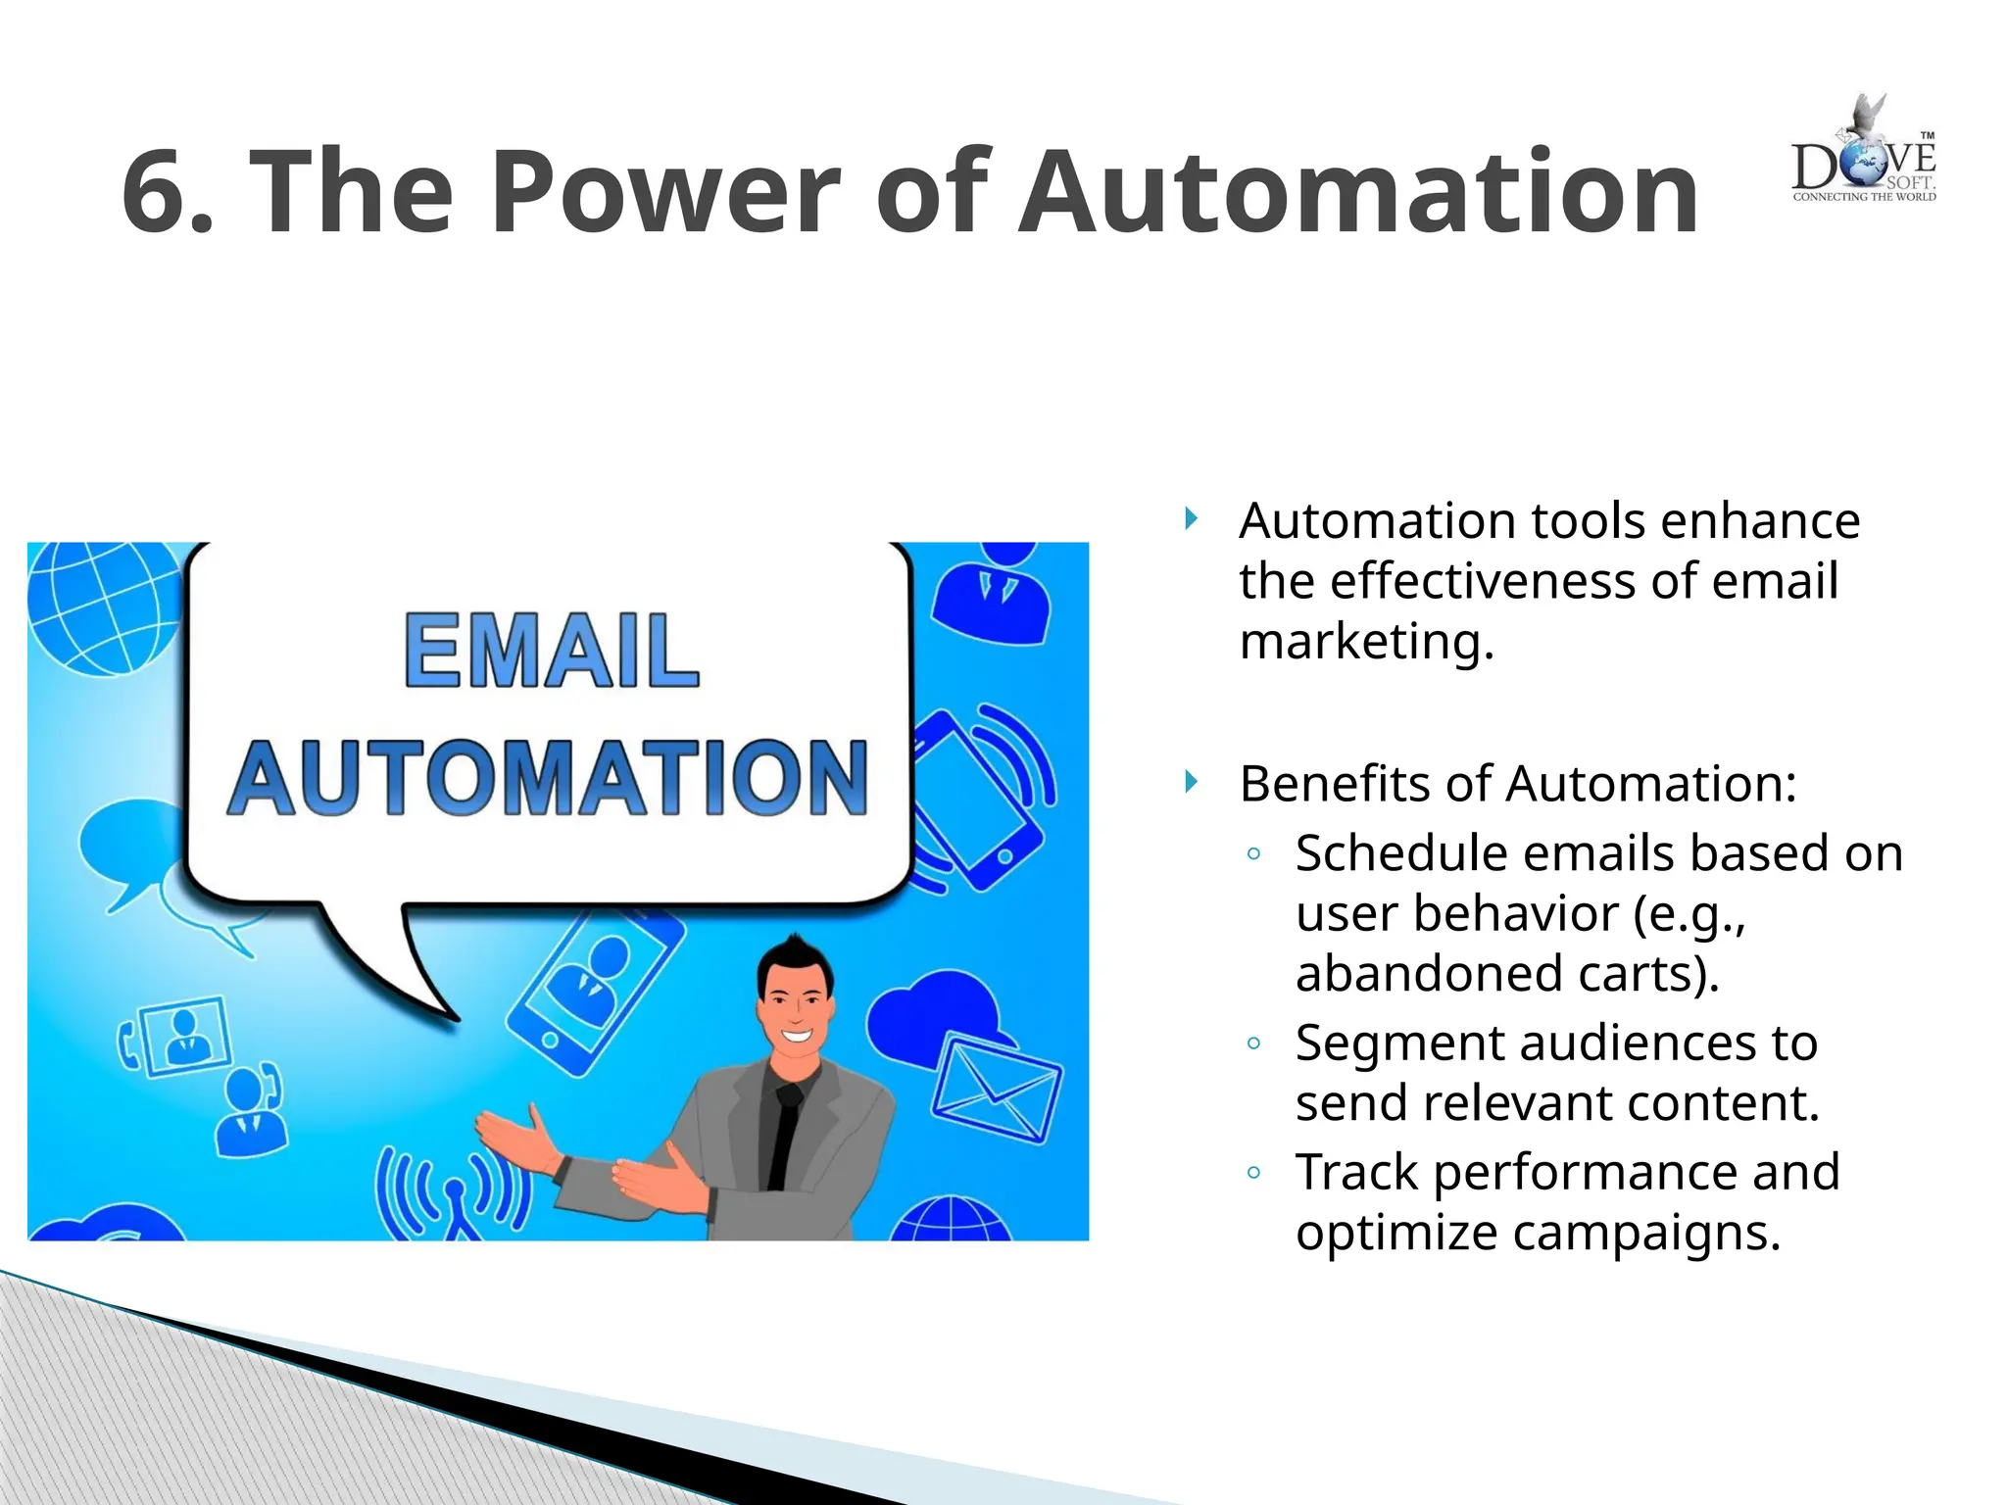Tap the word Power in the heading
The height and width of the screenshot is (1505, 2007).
[x=665, y=193]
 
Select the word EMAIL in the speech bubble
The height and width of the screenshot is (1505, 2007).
[x=552, y=651]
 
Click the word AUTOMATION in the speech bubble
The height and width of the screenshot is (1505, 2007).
[x=549, y=778]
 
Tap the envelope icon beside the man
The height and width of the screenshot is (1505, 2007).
[x=997, y=1089]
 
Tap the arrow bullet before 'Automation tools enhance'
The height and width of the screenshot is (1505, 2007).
[x=1191, y=518]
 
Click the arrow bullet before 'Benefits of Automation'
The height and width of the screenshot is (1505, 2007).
[x=1191, y=782]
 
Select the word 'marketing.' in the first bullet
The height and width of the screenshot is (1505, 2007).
[x=1366, y=643]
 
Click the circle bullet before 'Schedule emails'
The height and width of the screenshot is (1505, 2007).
[x=1253, y=853]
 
